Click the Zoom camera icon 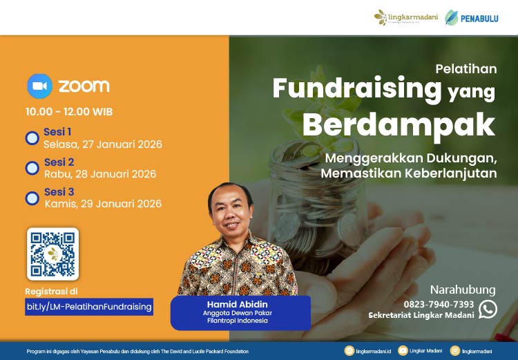(x=39, y=86)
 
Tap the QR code (x=52, y=254)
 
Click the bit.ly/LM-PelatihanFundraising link (x=89, y=306)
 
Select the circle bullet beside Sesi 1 (x=32, y=138)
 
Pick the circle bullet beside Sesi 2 (x=32, y=168)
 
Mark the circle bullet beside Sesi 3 (x=32, y=198)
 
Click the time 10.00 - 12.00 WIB (x=69, y=111)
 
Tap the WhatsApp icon (x=488, y=309)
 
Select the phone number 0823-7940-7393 (x=439, y=304)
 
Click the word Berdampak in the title (x=399, y=125)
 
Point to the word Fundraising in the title (x=357, y=88)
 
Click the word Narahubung (x=463, y=290)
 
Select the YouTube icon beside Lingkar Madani (x=403, y=351)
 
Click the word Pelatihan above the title (x=466, y=69)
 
